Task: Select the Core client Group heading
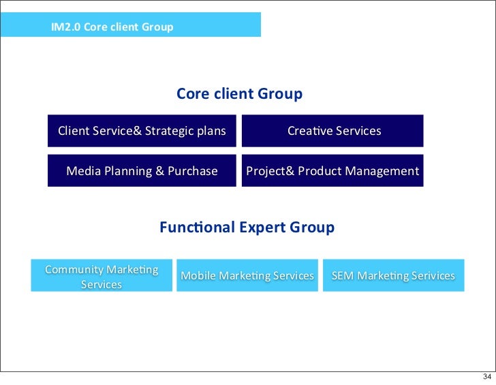(x=239, y=94)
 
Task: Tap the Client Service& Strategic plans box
(x=142, y=131)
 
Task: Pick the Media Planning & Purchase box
(x=142, y=171)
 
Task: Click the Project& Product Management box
(x=332, y=171)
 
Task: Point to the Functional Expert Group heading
(x=247, y=228)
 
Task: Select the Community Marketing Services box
(x=102, y=276)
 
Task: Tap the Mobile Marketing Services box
(x=247, y=276)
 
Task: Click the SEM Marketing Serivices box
(x=392, y=276)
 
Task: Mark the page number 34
(x=486, y=377)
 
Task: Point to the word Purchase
(x=193, y=171)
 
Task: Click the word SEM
(x=342, y=276)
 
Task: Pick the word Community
(x=74, y=269)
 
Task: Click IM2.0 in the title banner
(x=65, y=28)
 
